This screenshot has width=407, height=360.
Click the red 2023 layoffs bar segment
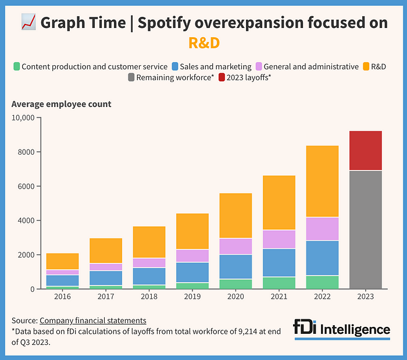(x=365, y=150)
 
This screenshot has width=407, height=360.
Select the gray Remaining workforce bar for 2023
(x=365, y=229)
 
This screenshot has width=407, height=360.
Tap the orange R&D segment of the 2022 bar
(x=322, y=181)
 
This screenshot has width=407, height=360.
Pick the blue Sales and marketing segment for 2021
(x=279, y=262)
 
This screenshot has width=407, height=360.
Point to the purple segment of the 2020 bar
(x=236, y=246)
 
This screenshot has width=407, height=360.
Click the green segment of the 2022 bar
(x=322, y=282)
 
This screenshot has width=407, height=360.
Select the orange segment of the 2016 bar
(x=63, y=261)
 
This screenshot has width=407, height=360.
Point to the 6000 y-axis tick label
(x=27, y=187)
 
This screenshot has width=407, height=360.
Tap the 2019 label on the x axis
(x=193, y=297)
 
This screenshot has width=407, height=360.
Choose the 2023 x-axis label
(x=365, y=297)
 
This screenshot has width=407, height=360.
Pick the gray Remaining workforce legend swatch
(x=131, y=78)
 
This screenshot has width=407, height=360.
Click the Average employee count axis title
(x=61, y=105)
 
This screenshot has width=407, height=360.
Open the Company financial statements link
(x=92, y=320)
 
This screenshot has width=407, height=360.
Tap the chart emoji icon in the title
(x=28, y=23)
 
